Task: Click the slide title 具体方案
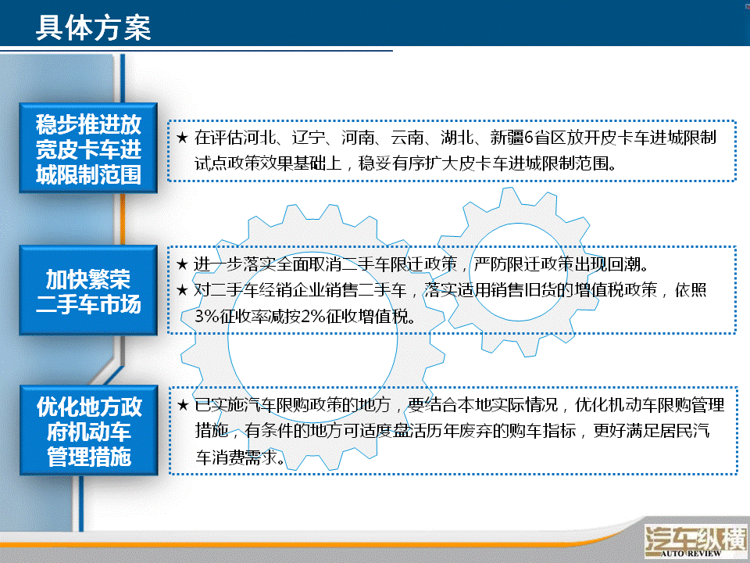pyautogui.click(x=94, y=27)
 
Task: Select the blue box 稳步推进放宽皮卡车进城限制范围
pyautogui.click(x=88, y=148)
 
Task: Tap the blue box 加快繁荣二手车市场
pyautogui.click(x=88, y=290)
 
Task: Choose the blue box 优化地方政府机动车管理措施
pyautogui.click(x=89, y=430)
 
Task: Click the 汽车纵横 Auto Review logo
pyautogui.click(x=696, y=540)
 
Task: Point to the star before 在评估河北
pyautogui.click(x=182, y=138)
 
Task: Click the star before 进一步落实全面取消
pyautogui.click(x=182, y=264)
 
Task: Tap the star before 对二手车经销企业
pyautogui.click(x=182, y=289)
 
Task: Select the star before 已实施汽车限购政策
pyautogui.click(x=183, y=405)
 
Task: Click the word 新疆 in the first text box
pyautogui.click(x=506, y=138)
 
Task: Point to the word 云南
pyautogui.click(x=407, y=138)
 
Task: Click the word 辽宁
pyautogui.click(x=309, y=138)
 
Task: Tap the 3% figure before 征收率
pyautogui.click(x=206, y=316)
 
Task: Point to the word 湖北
pyautogui.click(x=457, y=138)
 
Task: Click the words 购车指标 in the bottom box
pyautogui.click(x=542, y=431)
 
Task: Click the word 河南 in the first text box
pyautogui.click(x=358, y=138)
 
